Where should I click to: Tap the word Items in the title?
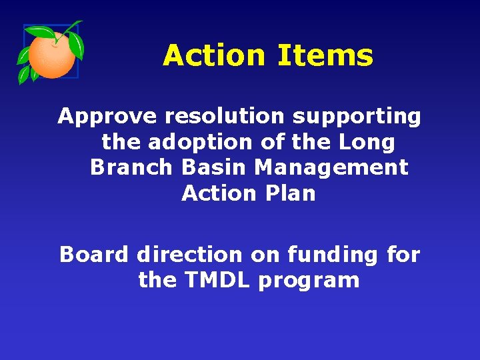click(x=325, y=55)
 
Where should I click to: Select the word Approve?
click(x=107, y=117)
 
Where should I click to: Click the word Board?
click(x=94, y=255)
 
